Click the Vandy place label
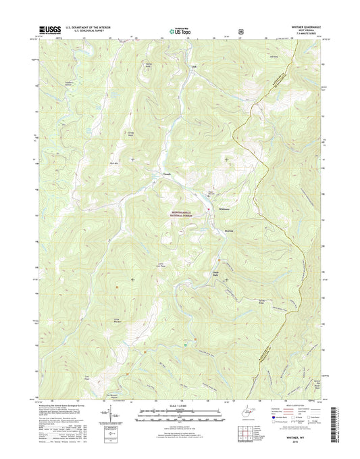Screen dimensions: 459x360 167,174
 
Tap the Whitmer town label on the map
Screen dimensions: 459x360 226,209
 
